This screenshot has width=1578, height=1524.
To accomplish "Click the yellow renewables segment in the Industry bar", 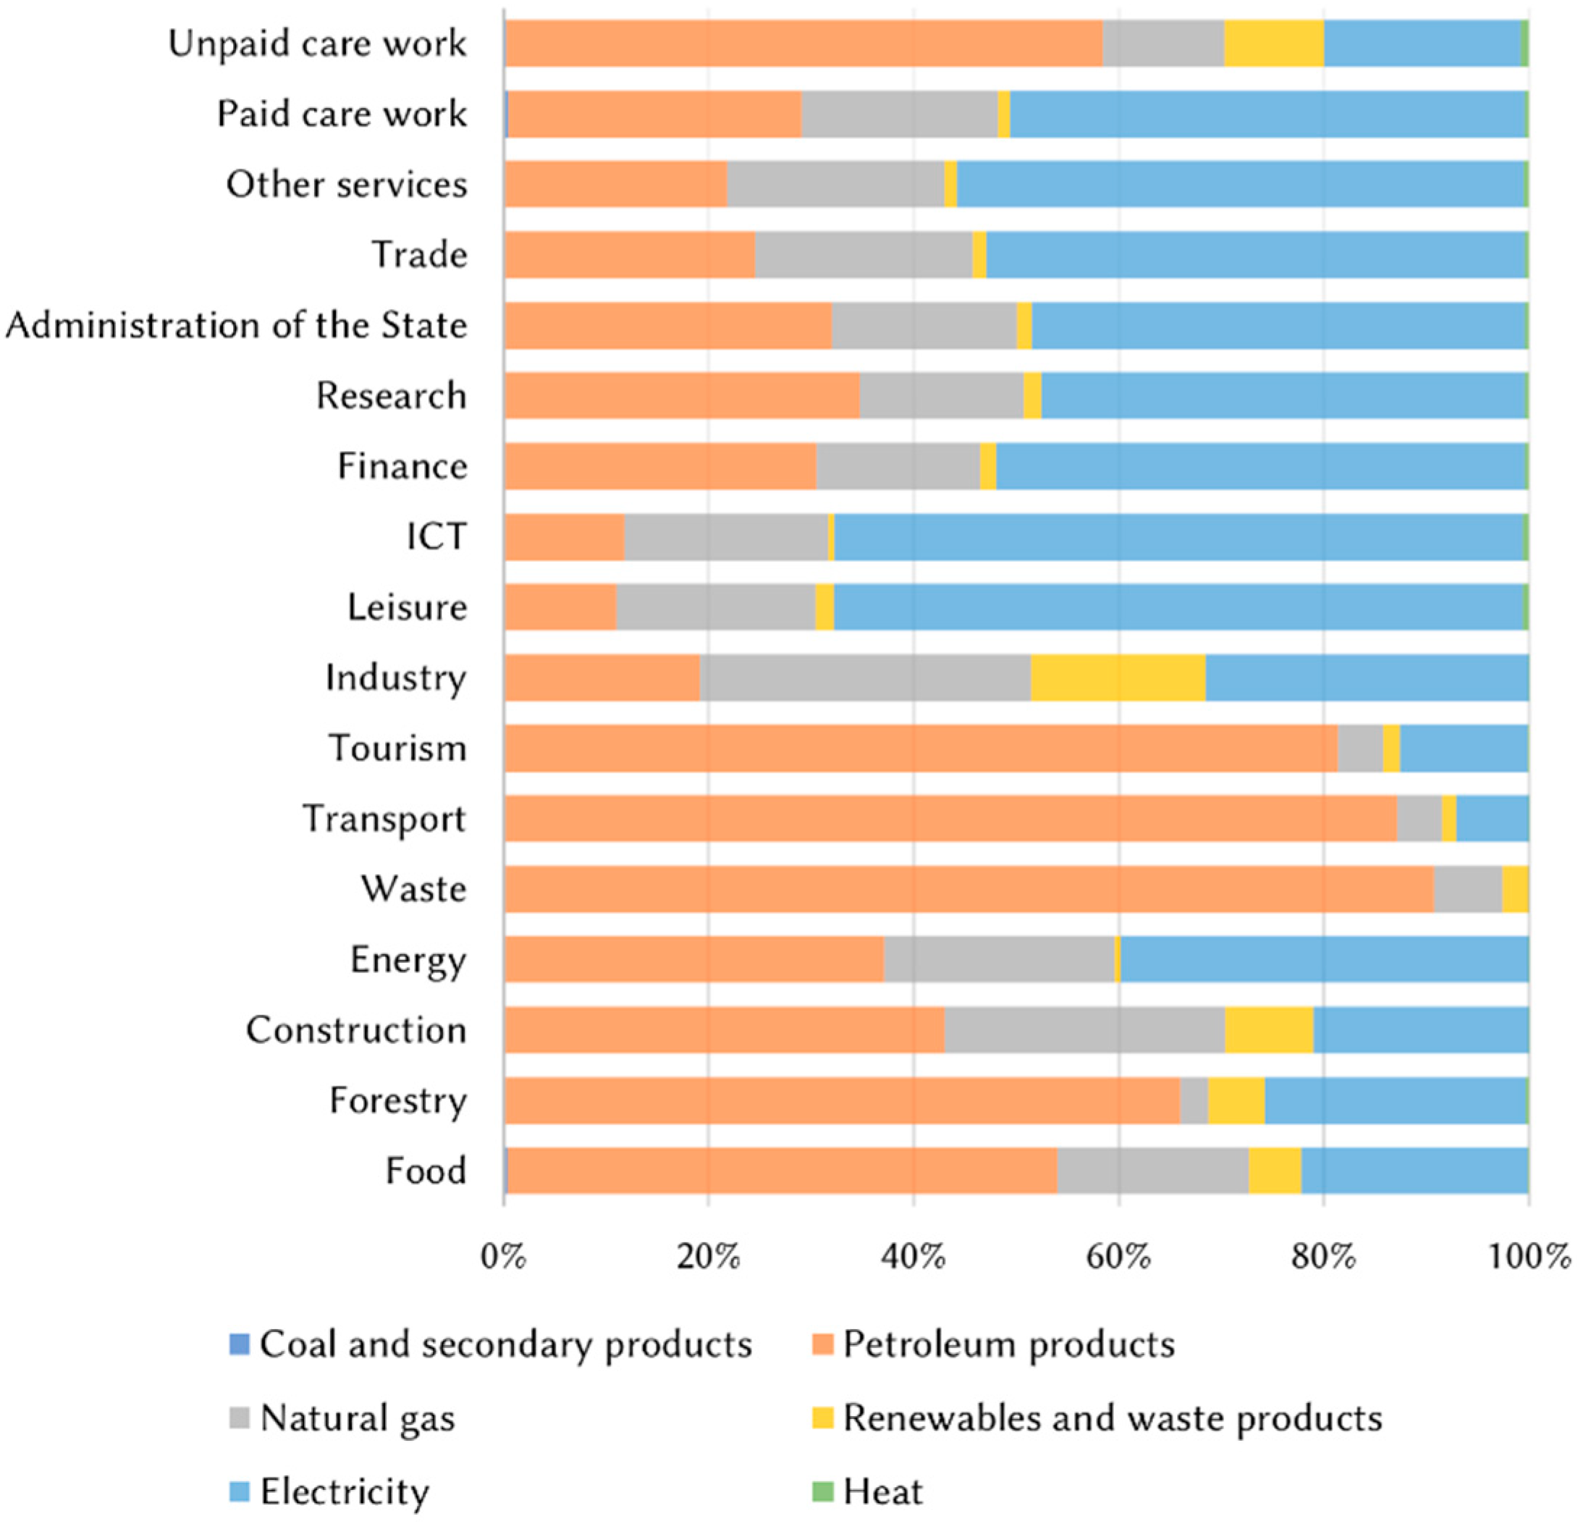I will coord(1118,677).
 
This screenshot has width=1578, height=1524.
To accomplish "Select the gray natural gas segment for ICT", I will coord(725,536).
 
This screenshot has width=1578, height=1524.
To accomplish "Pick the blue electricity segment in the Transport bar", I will coord(1492,818).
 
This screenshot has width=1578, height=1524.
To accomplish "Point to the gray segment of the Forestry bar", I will coord(1193,1100).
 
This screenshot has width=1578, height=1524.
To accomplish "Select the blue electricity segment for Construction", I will coord(1420,1029).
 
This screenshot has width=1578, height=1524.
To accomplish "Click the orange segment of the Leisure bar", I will coord(560,606).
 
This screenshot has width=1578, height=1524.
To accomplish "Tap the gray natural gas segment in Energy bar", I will coord(998,959).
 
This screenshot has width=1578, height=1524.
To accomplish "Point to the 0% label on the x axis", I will coord(503,1256).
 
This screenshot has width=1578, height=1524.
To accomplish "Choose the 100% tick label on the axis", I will coord(1528,1256).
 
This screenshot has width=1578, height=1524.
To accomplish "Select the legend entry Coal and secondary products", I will coord(505,1344).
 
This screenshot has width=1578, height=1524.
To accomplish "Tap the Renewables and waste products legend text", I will coord(1112,1418).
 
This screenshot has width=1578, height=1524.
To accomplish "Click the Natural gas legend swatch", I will coord(240,1418).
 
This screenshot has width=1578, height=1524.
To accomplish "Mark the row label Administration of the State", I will coord(236,325).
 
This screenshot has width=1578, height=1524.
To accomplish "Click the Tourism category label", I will coord(397,748).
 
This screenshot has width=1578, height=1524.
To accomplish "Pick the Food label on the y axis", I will coord(426,1171).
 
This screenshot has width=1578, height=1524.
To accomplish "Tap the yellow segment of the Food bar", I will coord(1274,1170).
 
